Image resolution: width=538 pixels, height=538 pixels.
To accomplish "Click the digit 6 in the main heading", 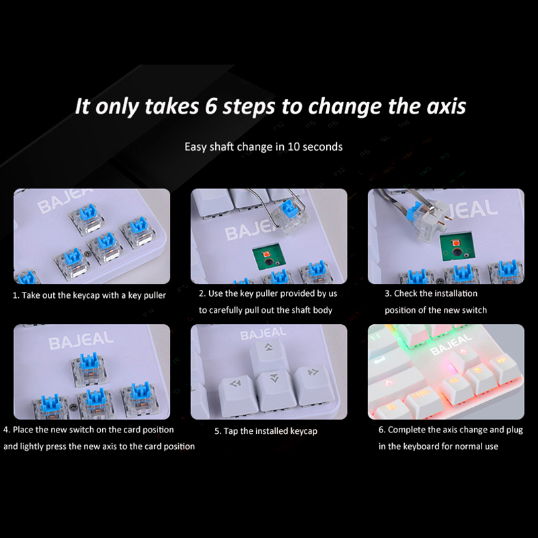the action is coord(211,106).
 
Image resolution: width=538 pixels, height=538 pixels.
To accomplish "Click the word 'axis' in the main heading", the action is coord(446,106).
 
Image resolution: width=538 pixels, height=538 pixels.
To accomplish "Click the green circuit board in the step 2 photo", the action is coord(268,257).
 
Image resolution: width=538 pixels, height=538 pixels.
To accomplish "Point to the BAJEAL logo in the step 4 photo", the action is coord(81,340).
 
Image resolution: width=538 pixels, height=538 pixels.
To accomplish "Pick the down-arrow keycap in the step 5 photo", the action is coord(276,391).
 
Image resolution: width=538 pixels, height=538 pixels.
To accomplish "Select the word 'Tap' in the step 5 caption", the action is coord(231,431).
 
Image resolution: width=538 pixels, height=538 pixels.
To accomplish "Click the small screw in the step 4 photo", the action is coord(73,407).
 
